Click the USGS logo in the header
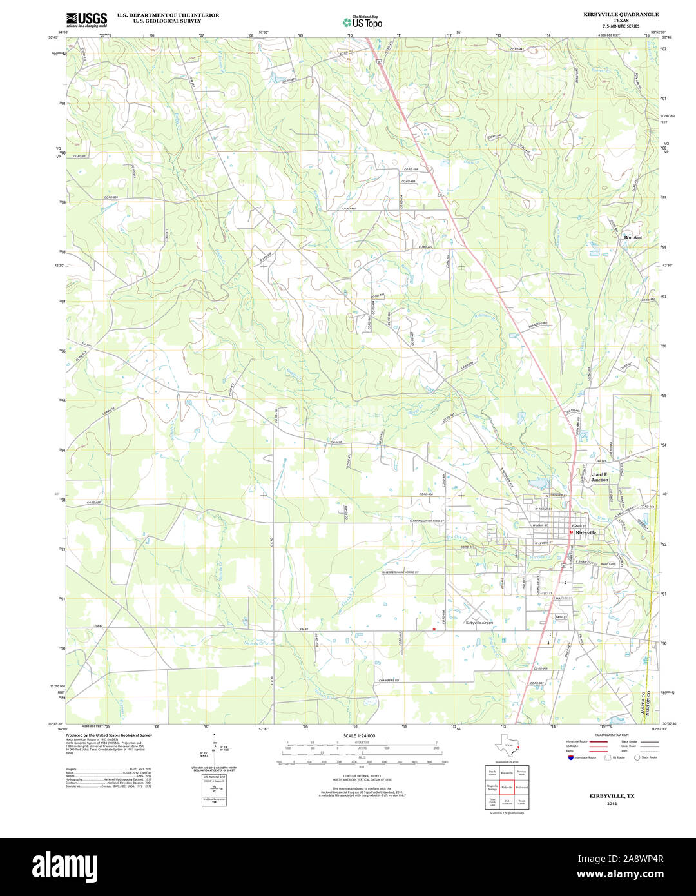tap(86, 19)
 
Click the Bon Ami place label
tap(633, 237)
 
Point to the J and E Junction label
tap(599, 477)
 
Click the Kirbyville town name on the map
tap(586, 533)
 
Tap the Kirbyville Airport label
tap(479, 623)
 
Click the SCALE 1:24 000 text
tap(359, 735)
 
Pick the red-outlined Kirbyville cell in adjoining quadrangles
tap(507, 787)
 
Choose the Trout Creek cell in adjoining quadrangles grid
tap(521, 803)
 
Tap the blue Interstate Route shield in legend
tap(570, 758)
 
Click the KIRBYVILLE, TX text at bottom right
tap(612, 797)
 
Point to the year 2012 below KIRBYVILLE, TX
tap(612, 804)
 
